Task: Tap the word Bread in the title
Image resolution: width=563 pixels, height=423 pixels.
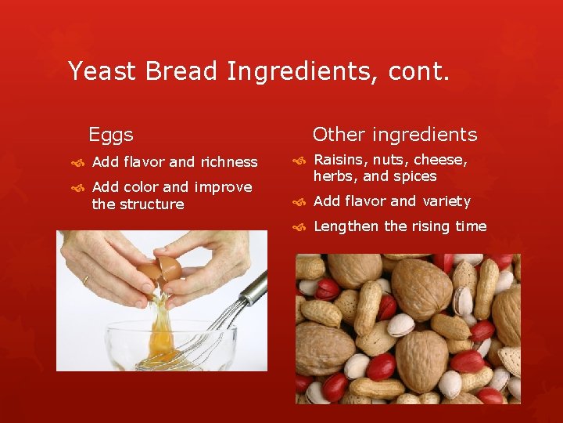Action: point(181,71)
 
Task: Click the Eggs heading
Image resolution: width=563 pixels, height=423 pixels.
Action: point(111,135)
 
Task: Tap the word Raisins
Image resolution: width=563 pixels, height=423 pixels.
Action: point(338,161)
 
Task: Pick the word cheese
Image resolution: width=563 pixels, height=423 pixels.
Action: point(440,161)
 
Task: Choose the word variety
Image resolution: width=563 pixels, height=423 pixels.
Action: point(446,201)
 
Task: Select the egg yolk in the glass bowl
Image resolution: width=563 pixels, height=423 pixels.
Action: point(161,342)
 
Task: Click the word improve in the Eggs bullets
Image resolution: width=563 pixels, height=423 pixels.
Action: point(223,187)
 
